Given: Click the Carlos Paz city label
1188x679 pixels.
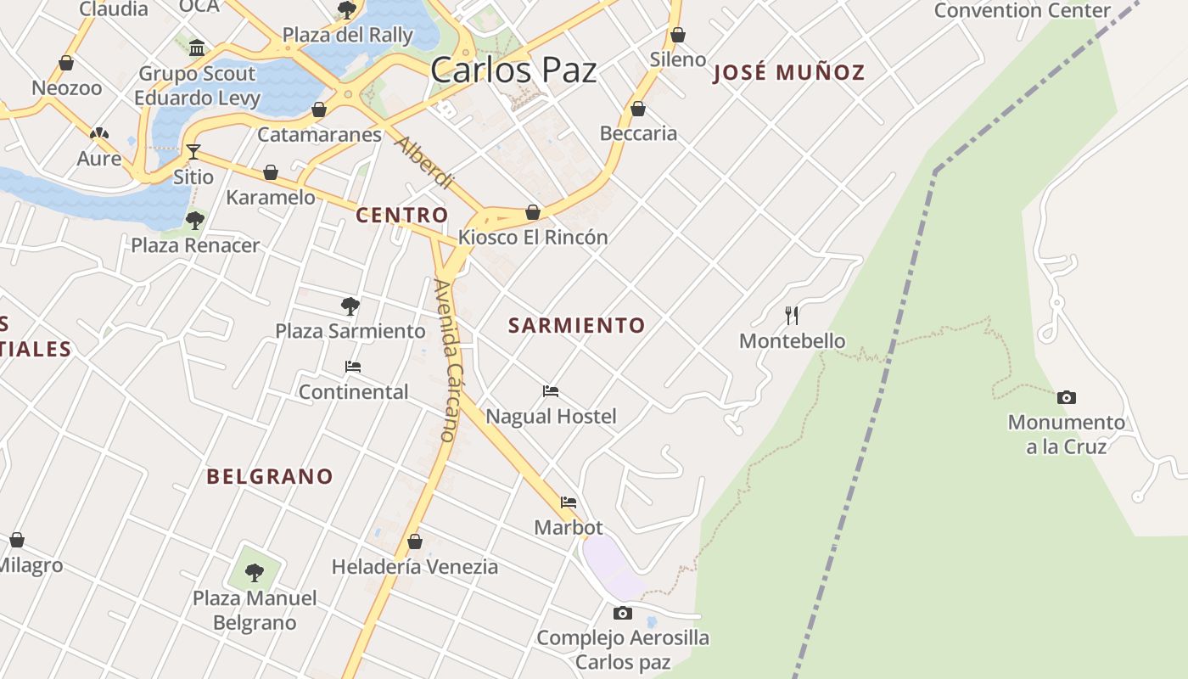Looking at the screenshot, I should pos(513,70).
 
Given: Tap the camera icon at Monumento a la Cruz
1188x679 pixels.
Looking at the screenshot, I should pos(1067,397).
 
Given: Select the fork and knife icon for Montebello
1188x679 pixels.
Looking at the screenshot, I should pos(792,316).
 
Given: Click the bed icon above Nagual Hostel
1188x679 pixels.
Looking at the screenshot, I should pos(551,391).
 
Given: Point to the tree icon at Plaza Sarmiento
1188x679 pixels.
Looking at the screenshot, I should pos(350,306).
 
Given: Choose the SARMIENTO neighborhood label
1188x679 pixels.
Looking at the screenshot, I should pos(577,325).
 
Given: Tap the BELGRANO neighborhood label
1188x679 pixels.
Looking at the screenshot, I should pos(270,476).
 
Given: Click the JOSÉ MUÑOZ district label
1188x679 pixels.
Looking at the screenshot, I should pos(789,72).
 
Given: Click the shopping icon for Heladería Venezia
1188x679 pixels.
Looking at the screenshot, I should pos(415,542).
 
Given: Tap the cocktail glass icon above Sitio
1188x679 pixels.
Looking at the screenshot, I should pos(193,152).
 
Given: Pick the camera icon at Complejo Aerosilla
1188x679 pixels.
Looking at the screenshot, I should pos(623,613).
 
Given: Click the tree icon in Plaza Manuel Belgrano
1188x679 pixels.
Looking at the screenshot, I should pos(254,572).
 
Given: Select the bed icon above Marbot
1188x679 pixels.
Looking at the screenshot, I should pos(569,502).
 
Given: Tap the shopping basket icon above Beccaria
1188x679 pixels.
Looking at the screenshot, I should pos(638,109).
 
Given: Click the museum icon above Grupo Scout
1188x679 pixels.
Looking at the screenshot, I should pos(197,48).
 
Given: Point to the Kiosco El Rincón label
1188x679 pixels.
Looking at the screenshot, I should pos(533,238).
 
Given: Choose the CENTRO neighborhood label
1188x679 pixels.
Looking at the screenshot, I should pos(401,216).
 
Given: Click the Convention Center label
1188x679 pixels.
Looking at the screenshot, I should pos(1022,11).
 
